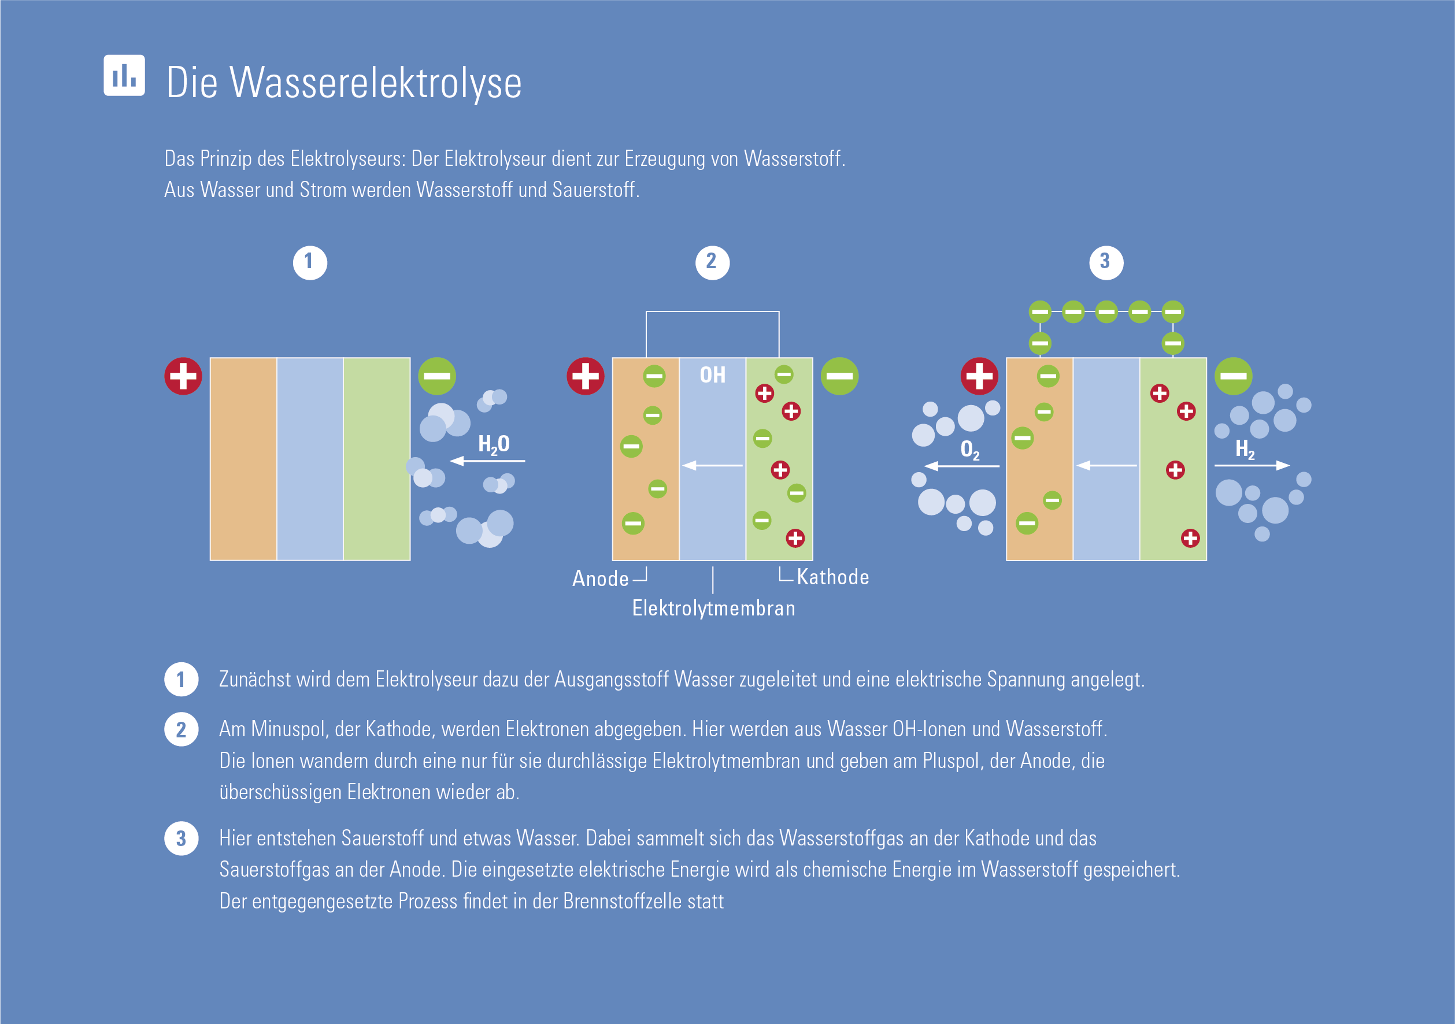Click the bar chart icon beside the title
coord(124,75)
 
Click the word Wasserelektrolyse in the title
coord(376,83)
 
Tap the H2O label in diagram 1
coord(494,444)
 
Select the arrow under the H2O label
coord(487,461)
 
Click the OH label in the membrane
coord(712,375)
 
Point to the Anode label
coord(600,578)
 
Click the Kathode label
coord(832,577)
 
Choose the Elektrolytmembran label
coord(713,609)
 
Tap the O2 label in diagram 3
coord(969,450)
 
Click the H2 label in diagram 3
coord(1245,449)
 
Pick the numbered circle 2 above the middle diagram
coord(712,262)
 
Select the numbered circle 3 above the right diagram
coord(1106,262)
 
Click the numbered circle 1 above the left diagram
coord(310,262)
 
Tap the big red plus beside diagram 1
coord(183,376)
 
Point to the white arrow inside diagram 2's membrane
coord(712,466)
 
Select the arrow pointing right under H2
coord(1252,466)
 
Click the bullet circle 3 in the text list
coord(182,839)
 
